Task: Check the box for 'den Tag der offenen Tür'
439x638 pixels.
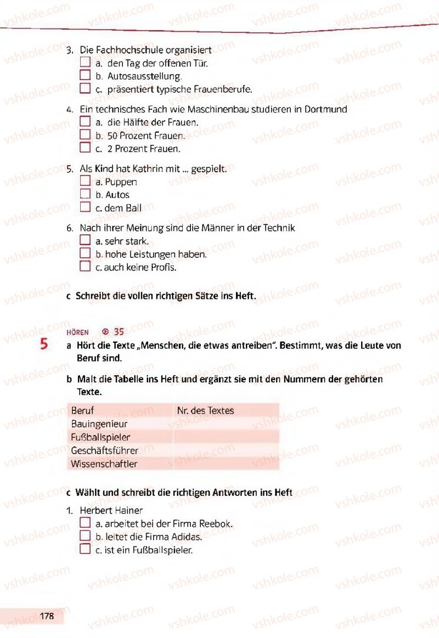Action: point(85,63)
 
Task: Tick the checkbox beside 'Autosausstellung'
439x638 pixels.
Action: point(85,76)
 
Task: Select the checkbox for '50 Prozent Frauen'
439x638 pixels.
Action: point(85,135)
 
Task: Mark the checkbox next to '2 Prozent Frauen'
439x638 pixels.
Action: point(85,148)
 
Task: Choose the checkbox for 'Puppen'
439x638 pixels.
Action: point(85,182)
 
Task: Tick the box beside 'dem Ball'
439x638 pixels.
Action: point(85,207)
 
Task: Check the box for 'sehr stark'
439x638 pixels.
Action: point(85,241)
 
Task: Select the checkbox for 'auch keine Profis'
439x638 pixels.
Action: point(85,267)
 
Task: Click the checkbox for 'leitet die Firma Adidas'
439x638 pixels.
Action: point(85,537)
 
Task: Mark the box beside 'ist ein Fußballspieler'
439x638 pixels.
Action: point(85,550)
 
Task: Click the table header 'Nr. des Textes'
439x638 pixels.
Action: point(205,410)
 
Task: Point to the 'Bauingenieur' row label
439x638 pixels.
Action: point(99,424)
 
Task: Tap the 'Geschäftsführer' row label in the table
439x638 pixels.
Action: point(104,450)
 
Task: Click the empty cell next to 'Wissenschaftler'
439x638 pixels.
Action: point(226,464)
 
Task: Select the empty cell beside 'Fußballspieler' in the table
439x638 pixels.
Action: point(226,437)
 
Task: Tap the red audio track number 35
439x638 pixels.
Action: point(119,332)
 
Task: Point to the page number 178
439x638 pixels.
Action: point(47,616)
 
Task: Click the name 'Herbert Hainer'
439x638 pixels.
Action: point(111,510)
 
